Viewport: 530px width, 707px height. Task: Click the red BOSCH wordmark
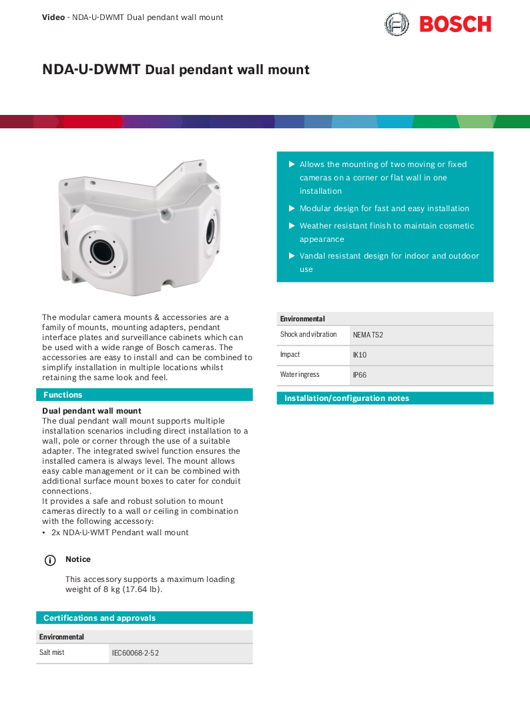(x=455, y=25)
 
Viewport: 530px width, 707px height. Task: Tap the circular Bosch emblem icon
(x=396, y=25)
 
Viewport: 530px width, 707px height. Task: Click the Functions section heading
(x=63, y=395)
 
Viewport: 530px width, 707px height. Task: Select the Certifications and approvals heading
(x=99, y=618)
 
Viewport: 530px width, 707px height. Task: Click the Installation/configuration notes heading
(x=346, y=398)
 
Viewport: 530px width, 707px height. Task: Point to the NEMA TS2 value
(x=368, y=335)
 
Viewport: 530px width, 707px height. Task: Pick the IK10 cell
(x=360, y=355)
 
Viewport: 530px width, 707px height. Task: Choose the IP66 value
(x=360, y=376)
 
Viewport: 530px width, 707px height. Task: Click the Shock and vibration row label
(x=308, y=334)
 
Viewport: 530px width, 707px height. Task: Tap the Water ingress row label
(x=300, y=375)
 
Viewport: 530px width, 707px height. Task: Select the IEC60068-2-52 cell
(x=136, y=653)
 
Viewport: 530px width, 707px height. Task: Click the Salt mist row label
(x=52, y=652)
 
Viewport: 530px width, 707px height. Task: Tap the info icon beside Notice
(x=49, y=560)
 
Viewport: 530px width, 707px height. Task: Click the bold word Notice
(x=78, y=559)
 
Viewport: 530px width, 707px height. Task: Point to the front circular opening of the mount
(x=102, y=251)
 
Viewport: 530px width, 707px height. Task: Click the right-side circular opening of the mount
(x=211, y=229)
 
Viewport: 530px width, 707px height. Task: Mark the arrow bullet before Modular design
(x=291, y=208)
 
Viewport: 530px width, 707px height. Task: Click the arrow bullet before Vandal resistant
(x=291, y=256)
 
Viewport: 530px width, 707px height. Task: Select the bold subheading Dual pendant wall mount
(x=91, y=411)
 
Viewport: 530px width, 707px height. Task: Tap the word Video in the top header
(x=53, y=17)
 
